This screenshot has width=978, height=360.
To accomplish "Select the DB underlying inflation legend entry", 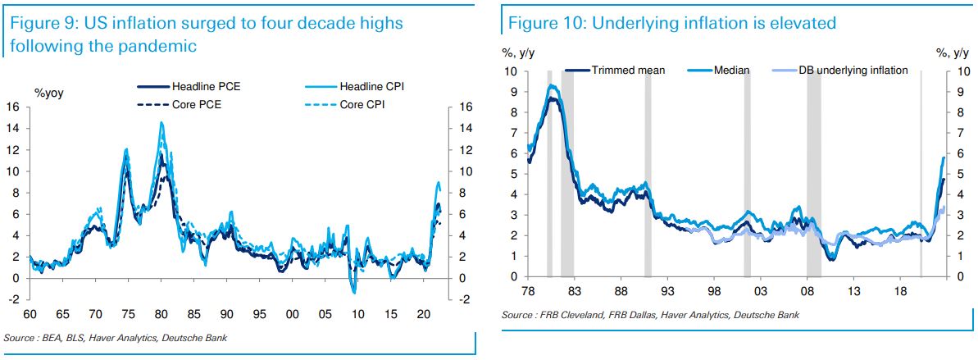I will [x=853, y=71].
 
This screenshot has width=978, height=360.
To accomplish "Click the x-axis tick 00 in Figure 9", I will [x=292, y=315].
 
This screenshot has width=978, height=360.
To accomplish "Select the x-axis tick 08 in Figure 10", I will [x=807, y=291].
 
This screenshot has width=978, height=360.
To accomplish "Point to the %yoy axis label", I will [x=48, y=93].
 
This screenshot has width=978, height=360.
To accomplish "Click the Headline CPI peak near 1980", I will [x=161, y=122].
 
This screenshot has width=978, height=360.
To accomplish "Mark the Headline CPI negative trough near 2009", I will [x=354, y=292].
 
